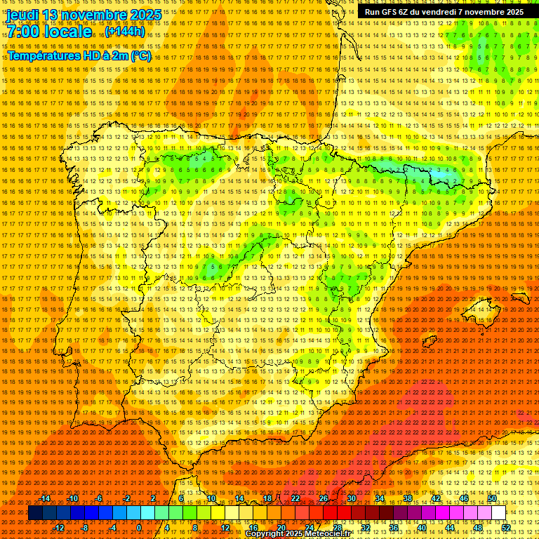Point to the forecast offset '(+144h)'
point(126,32)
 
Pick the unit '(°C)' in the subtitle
point(141,55)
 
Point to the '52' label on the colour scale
point(506,528)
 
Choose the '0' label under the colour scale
point(139,528)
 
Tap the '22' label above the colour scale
point(295,498)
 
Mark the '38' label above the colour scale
point(407,498)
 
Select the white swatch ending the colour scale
point(498,513)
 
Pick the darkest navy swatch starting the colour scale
point(35,513)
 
